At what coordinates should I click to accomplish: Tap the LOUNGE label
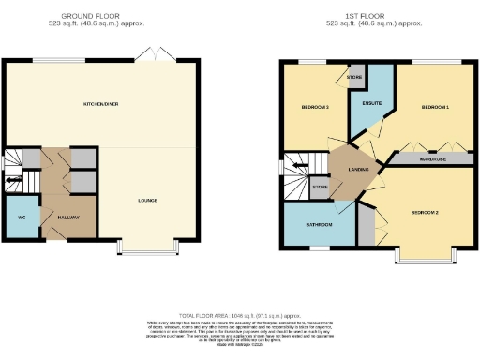[x=147, y=200]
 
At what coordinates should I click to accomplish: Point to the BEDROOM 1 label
[x=435, y=108]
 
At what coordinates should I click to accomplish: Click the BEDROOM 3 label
[x=314, y=108]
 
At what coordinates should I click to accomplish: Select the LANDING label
[x=357, y=169]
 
